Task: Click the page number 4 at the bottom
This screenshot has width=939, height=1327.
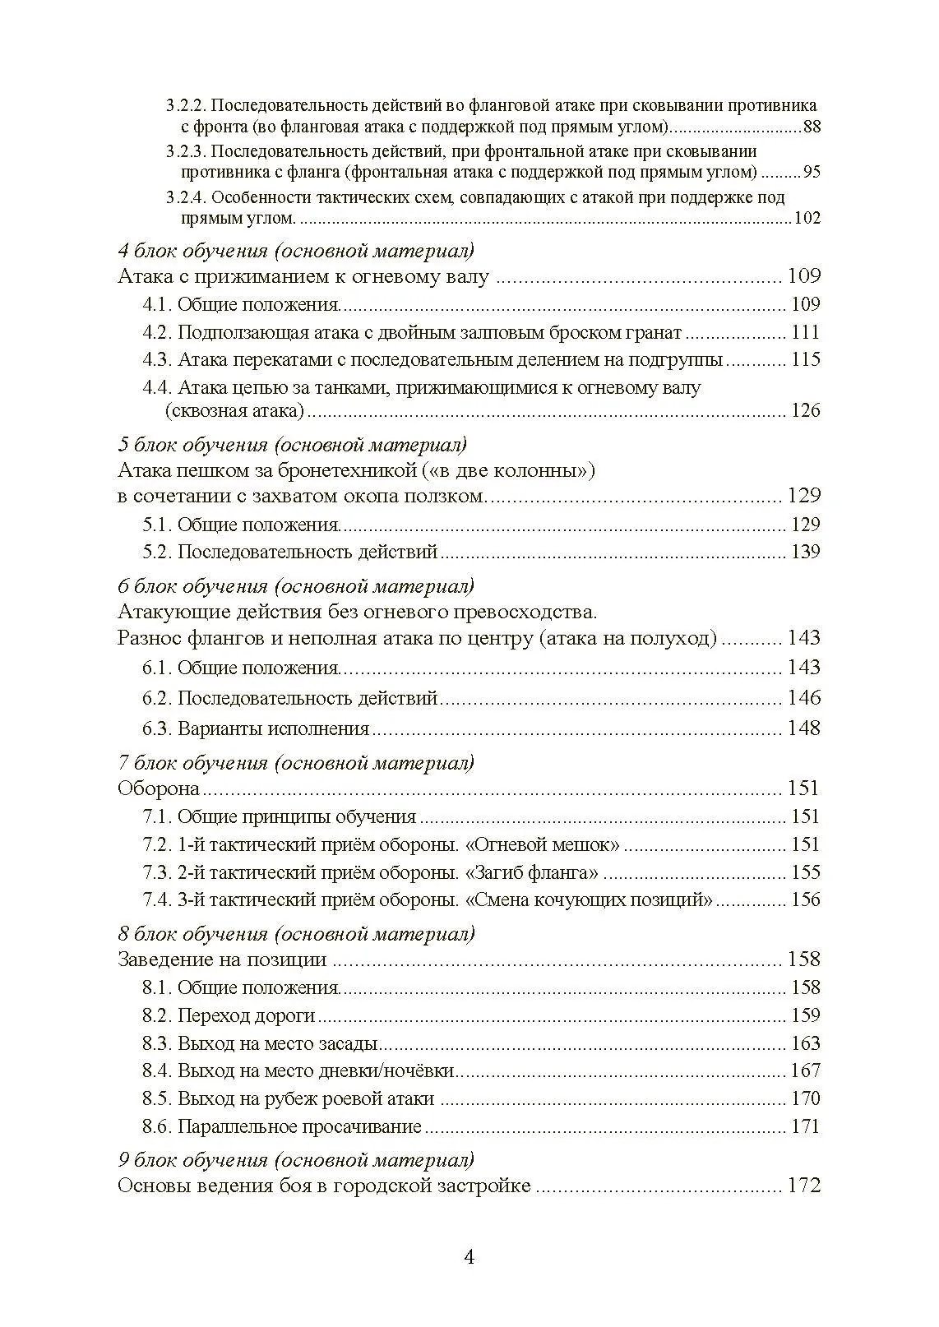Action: point(469,1257)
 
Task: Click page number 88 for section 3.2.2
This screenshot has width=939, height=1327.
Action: point(812,127)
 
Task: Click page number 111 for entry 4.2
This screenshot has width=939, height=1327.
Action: point(805,332)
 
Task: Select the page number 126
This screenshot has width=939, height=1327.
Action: point(805,410)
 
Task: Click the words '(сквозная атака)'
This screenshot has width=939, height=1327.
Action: point(234,410)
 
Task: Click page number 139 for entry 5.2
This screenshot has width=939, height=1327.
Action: point(805,552)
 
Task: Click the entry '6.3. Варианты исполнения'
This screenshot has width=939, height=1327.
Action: point(256,728)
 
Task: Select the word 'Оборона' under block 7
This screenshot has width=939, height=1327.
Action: point(159,788)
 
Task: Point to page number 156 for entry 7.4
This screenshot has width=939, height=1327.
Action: point(805,899)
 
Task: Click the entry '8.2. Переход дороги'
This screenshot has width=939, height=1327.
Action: point(229,1015)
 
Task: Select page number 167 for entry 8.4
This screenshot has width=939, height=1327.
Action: point(805,1070)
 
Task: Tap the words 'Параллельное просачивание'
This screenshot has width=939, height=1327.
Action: point(299,1126)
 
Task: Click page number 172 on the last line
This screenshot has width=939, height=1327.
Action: point(803,1186)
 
